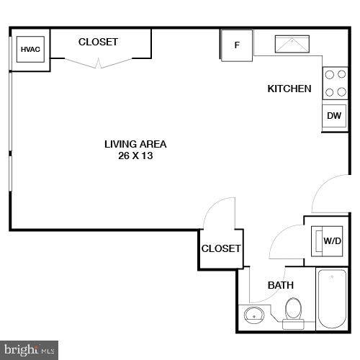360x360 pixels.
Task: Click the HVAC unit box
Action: (30, 49)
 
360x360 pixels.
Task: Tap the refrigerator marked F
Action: (236, 45)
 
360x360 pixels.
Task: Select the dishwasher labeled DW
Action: (333, 116)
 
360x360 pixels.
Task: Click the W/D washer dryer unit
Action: (330, 240)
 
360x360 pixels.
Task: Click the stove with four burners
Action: (333, 82)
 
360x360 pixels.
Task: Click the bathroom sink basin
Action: (253, 315)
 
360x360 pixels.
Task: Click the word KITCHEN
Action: (289, 89)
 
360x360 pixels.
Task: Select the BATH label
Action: (281, 285)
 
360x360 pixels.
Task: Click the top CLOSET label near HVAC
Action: (98, 42)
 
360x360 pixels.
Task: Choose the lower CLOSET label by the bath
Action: (220, 248)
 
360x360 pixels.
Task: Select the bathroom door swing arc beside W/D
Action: (285, 241)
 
